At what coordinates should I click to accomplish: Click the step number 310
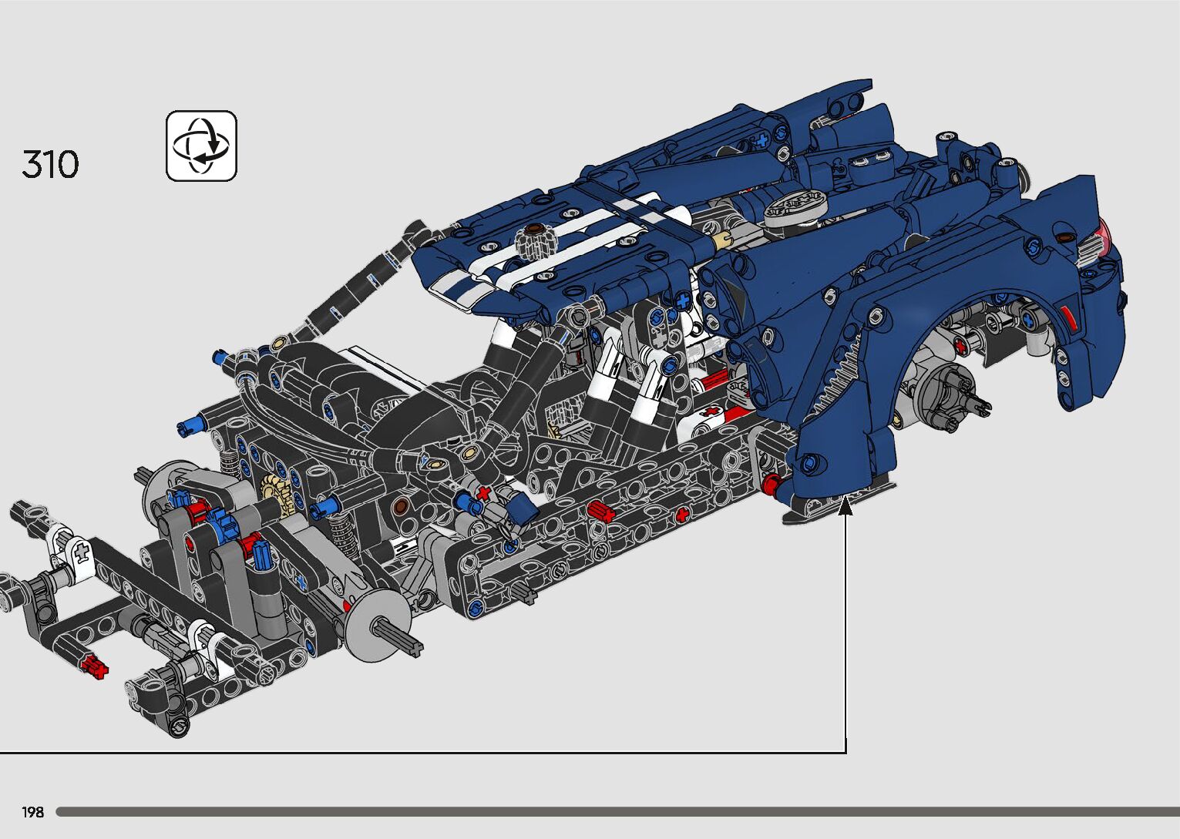(51, 164)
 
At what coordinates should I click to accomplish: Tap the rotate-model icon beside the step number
(201, 146)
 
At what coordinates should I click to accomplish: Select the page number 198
(32, 811)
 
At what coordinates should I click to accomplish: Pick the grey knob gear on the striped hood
(536, 241)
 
